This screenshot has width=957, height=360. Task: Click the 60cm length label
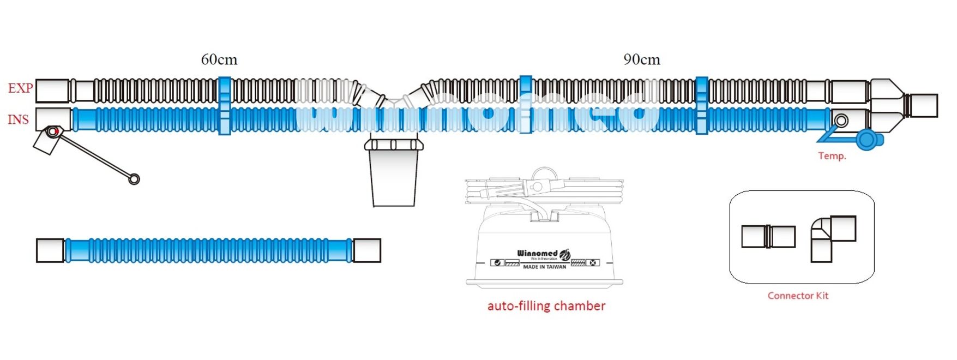pos(219,59)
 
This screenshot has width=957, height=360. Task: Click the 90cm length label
pos(642,59)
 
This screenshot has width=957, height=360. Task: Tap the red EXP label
pos(20,88)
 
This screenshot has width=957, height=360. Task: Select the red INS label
pos(18,119)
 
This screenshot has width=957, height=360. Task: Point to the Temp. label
pos(832,156)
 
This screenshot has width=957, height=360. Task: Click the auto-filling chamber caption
pos(546,306)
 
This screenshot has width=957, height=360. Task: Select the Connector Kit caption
pos(798,296)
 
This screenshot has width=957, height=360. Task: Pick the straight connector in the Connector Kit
pos(768,237)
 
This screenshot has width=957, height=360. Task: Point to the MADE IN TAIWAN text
pos(544,267)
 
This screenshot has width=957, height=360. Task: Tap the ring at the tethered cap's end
pos(134,179)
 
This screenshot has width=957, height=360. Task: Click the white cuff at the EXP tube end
pos(52,91)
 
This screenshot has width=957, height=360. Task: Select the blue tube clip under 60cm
pos(224,106)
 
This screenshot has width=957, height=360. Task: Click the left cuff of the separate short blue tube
pos(50,250)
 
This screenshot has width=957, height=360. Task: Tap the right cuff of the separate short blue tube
pos(366,250)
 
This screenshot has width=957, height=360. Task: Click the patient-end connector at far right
pos(923,105)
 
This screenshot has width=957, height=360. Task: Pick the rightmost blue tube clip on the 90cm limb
pos(702,106)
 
